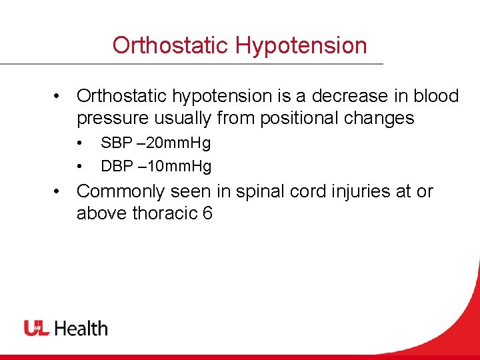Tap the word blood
pos(437,96)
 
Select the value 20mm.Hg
pos(177,143)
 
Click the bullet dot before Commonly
pos(59,191)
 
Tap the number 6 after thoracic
pos(207,214)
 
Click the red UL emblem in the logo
pos(37,328)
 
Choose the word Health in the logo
pos(81,328)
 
